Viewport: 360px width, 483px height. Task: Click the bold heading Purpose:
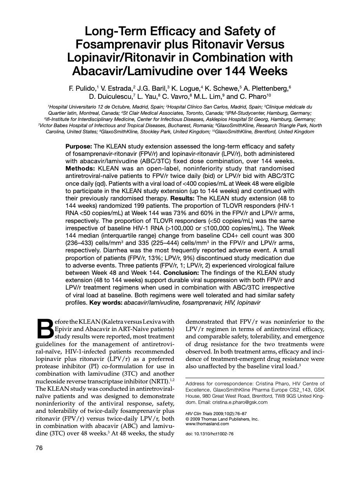point(79,146)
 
